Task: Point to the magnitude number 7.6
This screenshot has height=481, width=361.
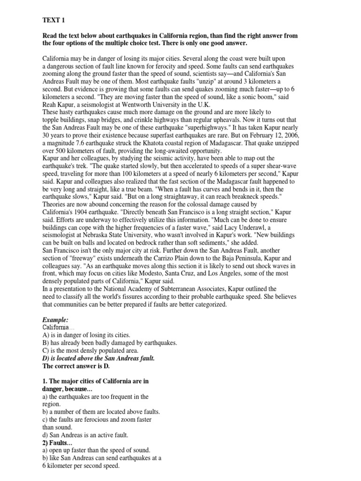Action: tap(84, 142)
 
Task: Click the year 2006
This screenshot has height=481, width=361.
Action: tap(289, 135)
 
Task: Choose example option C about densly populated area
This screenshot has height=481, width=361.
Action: tap(90, 350)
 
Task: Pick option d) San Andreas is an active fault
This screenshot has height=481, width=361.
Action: tap(85, 434)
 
